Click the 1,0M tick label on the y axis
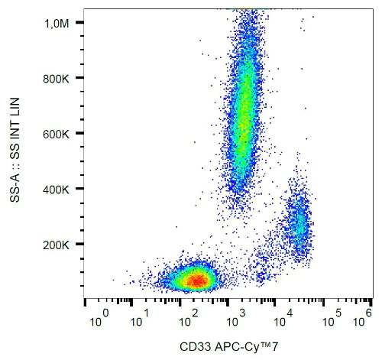point(56,24)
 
